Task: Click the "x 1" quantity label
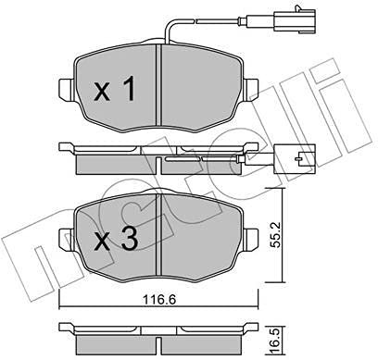[x=116, y=90]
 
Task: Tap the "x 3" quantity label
[x=116, y=242]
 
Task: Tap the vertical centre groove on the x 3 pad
[x=160, y=236]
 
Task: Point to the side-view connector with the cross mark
[x=298, y=160]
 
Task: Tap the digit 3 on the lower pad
[x=129, y=242]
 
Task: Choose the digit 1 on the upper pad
[x=129, y=90]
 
